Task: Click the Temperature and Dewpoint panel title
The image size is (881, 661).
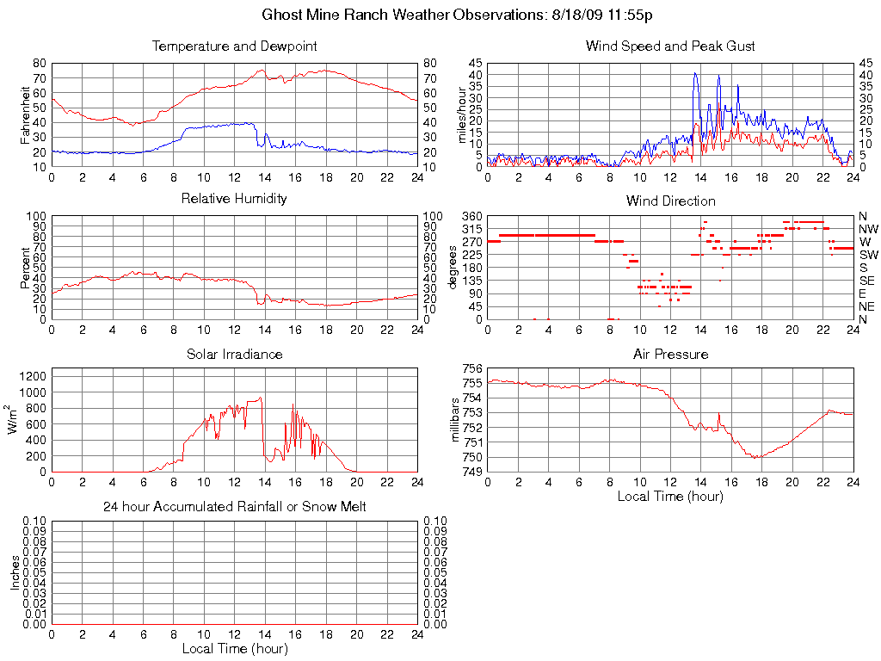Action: (234, 46)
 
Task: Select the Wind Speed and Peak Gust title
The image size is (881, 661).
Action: (670, 46)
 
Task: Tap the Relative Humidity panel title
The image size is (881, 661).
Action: (234, 199)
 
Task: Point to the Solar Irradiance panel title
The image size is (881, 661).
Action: (234, 354)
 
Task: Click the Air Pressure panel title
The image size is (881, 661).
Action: (670, 354)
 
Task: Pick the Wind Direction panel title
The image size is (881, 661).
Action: (670, 201)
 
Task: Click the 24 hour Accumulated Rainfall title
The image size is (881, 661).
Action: (234, 507)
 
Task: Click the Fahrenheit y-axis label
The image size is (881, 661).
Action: (27, 114)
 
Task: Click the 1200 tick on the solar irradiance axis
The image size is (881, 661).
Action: (34, 375)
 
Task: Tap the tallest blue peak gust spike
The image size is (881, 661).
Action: (695, 74)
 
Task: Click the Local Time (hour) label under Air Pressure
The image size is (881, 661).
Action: (670, 496)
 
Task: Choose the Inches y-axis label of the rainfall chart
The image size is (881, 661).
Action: (15, 572)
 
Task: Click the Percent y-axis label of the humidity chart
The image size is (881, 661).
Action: (27, 268)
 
